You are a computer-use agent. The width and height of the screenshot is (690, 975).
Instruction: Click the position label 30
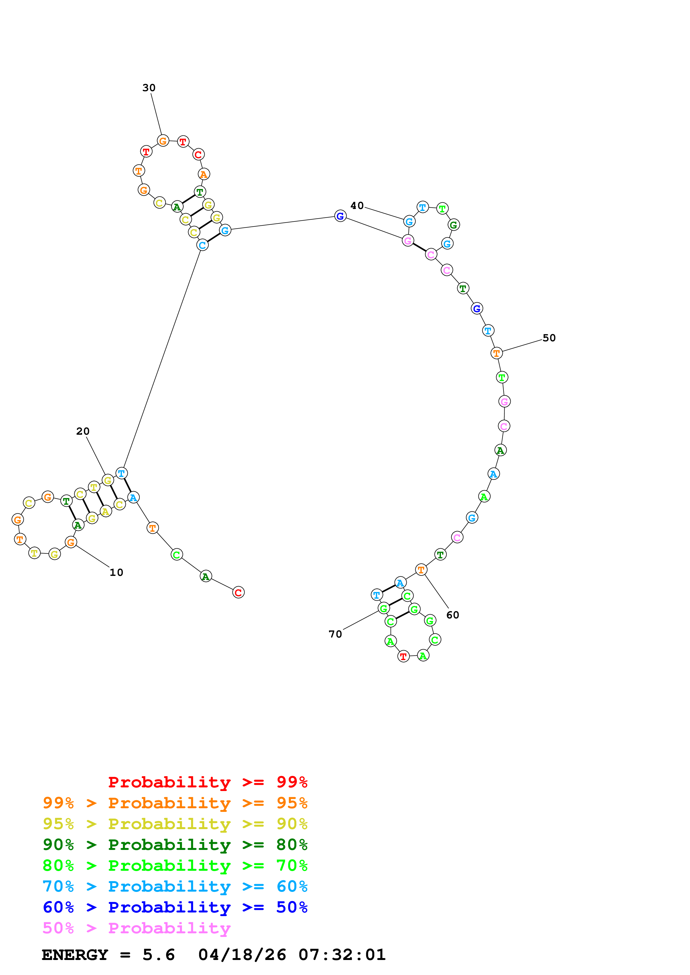149,88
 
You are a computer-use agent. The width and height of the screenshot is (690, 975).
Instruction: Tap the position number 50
549,338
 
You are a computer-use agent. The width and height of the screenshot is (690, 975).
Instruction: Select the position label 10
116,573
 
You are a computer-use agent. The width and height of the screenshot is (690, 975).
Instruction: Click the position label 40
357,206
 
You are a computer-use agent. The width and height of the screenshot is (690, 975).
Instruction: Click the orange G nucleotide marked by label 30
163,141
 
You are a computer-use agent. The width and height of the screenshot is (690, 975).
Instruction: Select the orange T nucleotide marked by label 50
496,353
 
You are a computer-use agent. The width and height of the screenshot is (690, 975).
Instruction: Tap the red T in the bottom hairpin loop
403,656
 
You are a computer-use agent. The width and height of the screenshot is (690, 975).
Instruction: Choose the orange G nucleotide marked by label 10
71,542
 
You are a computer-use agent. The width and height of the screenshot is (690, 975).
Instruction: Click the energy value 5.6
159,955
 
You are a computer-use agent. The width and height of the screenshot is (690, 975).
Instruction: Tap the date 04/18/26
242,955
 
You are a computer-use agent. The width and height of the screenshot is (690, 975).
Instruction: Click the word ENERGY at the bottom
75,955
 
